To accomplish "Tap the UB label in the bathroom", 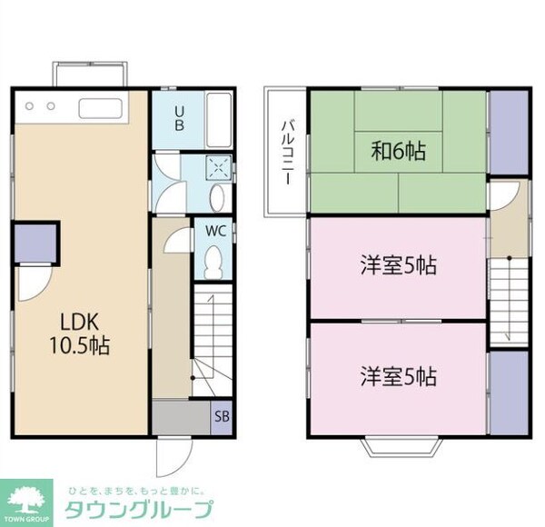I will click(x=180, y=118).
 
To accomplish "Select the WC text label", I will click(x=214, y=231).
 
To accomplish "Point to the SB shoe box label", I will click(x=221, y=418).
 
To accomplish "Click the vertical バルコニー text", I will click(x=285, y=152).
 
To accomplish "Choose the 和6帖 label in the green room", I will click(x=398, y=150).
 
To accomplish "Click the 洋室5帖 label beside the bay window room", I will click(x=398, y=374).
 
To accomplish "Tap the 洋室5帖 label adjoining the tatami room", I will click(x=398, y=266).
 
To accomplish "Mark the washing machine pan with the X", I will click(x=219, y=167).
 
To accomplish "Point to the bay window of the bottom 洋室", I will click(x=398, y=445).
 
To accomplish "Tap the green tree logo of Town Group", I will click(x=27, y=498).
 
